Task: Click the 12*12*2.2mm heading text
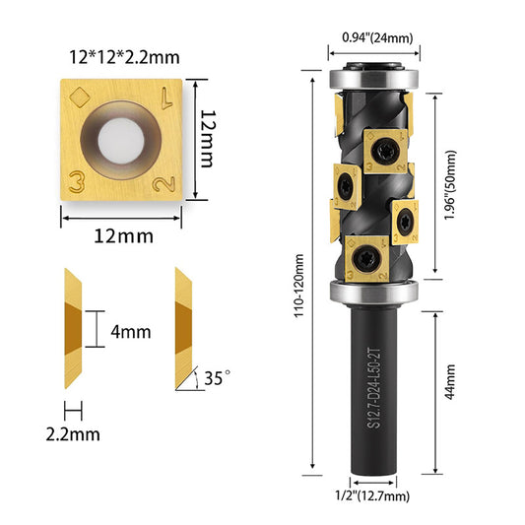(124, 57)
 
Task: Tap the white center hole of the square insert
(121, 141)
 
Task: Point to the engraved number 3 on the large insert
(77, 182)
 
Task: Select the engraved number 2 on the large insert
(164, 184)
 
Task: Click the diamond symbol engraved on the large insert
(80, 98)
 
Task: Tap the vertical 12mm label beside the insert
(207, 139)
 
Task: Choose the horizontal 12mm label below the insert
(123, 236)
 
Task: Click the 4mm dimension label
(131, 332)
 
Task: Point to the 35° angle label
(217, 377)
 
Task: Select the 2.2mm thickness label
(73, 434)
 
